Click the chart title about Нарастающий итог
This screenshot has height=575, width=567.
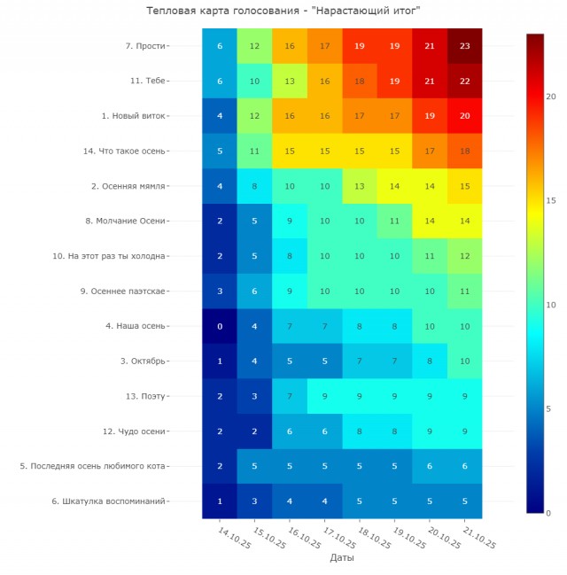click(283, 11)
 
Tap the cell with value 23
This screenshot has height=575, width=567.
click(464, 46)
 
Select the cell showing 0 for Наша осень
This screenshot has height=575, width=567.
click(220, 326)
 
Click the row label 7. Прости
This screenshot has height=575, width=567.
click(146, 46)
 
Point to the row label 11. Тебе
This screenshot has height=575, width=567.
click(148, 81)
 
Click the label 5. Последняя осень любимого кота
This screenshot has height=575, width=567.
click(93, 466)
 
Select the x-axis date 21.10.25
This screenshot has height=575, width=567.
click(478, 536)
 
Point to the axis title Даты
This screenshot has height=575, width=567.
click(342, 558)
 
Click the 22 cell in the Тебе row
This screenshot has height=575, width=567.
click(464, 81)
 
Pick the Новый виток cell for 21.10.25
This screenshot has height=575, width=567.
click(464, 116)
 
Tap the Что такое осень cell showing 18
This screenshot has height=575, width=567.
click(464, 151)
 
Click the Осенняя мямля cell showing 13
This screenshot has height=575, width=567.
click(360, 186)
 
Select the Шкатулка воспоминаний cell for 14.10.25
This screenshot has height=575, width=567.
click(220, 501)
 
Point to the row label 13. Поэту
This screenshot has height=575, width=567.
click(145, 396)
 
